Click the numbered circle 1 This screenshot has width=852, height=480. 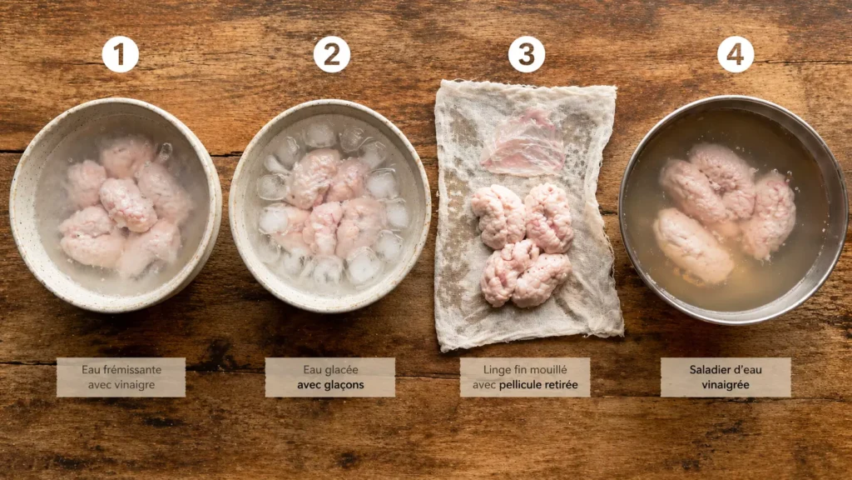coord(120,54)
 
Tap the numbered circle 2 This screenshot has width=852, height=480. coord(331,54)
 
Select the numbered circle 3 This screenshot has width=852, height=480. coord(526,54)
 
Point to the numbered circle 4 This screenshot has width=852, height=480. coord(736,54)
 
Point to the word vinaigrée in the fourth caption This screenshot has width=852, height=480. coord(726,385)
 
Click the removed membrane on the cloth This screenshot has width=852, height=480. coord(523,143)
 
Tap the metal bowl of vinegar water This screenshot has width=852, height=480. coord(733,209)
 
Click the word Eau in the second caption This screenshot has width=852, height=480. coord(312,369)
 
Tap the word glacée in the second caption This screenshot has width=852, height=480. coord(341,370)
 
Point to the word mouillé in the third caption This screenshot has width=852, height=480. coord(547,369)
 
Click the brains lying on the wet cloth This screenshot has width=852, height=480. coord(523,245)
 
